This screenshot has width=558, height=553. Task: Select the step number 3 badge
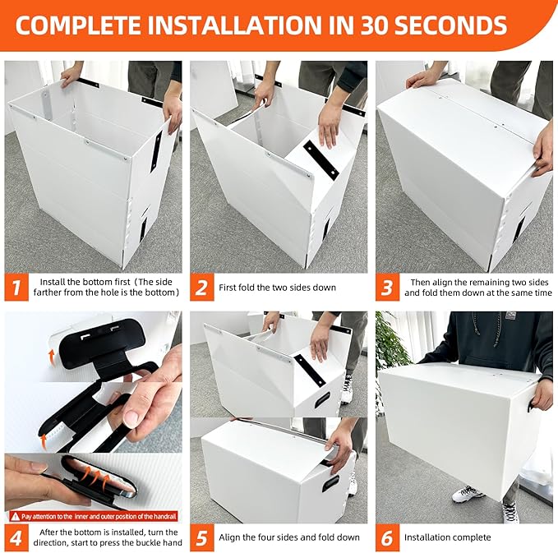(388, 288)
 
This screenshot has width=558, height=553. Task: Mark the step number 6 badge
(388, 537)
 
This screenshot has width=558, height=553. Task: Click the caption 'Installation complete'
(447, 537)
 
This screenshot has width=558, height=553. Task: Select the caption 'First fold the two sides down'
(277, 288)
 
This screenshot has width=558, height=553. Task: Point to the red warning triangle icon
(13, 515)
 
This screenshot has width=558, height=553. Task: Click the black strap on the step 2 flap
(320, 158)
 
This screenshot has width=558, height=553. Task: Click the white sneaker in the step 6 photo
(468, 493)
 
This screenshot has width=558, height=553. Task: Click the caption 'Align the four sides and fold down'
(289, 537)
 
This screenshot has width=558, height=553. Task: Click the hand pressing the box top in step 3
(423, 78)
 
